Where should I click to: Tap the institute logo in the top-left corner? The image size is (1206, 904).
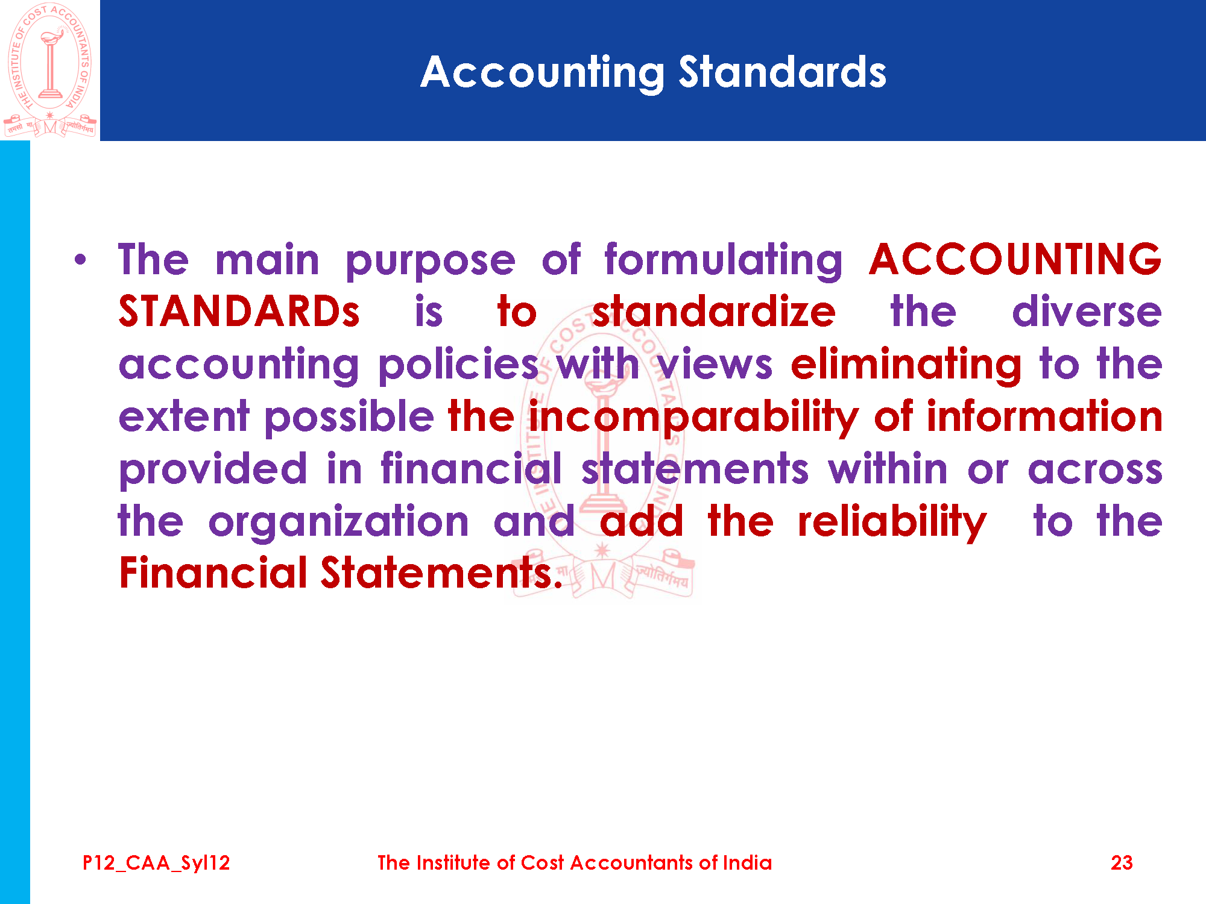(x=50, y=70)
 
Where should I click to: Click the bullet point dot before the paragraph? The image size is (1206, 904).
(x=80, y=260)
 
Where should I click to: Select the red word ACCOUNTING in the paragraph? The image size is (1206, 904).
(x=1015, y=259)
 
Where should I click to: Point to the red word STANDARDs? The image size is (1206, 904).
(x=239, y=312)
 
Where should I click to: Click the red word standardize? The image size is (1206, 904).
(x=714, y=312)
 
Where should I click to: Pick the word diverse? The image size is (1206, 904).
(x=1087, y=312)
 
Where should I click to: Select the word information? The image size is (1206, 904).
(x=1044, y=416)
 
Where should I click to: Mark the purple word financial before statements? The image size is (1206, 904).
(x=471, y=469)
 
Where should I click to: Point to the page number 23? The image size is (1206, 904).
(x=1122, y=862)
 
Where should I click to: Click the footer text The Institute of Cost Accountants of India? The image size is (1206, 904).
(x=575, y=862)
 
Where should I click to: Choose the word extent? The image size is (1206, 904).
(x=184, y=417)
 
